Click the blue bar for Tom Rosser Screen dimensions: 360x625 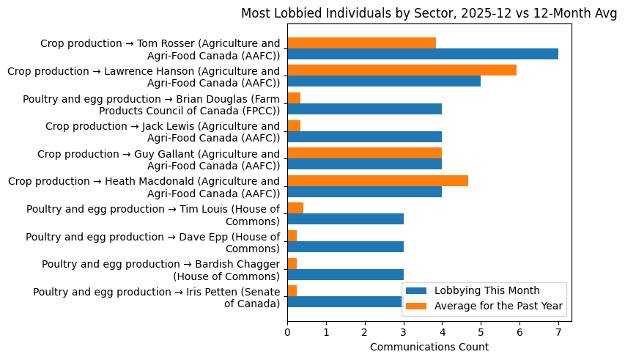click(423, 54)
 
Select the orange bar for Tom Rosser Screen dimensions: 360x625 click(361, 43)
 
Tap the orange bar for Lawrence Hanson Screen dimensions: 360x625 click(402, 70)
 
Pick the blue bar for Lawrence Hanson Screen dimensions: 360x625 click(384, 81)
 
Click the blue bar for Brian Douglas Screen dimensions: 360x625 click(364, 109)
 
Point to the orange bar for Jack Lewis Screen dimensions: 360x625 click(294, 125)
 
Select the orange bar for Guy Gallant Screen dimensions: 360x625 click(364, 153)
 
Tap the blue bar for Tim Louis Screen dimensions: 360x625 click(345, 219)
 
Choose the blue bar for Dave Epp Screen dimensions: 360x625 click(345, 246)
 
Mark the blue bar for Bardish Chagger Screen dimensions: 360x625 click(345, 274)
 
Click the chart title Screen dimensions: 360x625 click(429, 14)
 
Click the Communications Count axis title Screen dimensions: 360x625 click(429, 347)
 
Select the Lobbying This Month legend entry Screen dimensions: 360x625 click(487, 289)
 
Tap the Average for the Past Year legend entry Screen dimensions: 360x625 click(487, 305)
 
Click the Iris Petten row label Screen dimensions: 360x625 click(156, 298)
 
